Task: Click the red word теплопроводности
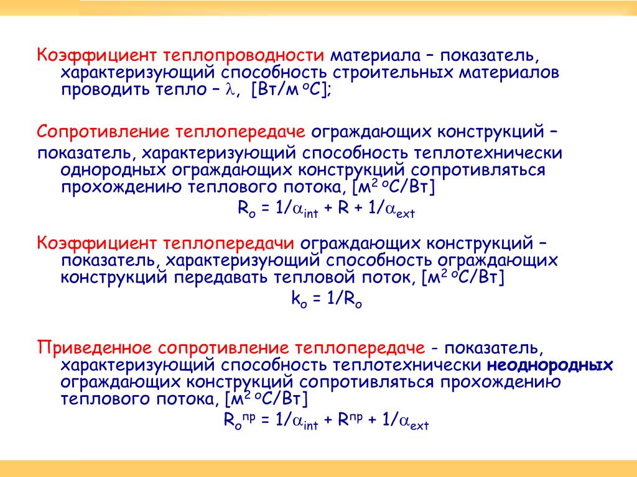pos(243,55)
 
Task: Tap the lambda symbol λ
pos(230,89)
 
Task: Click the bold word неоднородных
pos(550,365)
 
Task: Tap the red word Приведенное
pos(95,348)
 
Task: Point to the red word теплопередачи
pos(229,243)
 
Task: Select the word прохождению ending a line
pos(501,383)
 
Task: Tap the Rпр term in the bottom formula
pos(350,419)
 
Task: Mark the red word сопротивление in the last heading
pos(223,348)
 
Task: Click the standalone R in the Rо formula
pos(343,208)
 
